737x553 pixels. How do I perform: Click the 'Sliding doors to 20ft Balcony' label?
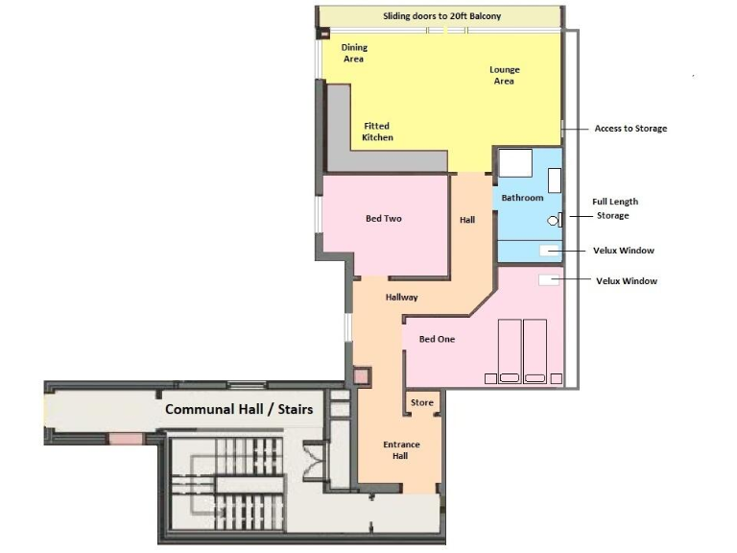coord(441,16)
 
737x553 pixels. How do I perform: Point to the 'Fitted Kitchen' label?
coord(377,132)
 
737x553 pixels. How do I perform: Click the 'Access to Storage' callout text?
coord(630,128)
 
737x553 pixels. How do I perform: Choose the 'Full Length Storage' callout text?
coord(614,208)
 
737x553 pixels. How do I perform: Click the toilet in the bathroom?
coord(553,220)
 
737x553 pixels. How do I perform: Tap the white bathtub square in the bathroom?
coord(513,163)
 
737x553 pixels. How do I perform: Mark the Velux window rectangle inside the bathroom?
coord(549,251)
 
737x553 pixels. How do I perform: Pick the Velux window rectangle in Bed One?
coord(549,280)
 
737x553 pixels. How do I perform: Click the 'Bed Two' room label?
coord(384,219)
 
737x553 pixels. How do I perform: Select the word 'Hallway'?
coord(401,298)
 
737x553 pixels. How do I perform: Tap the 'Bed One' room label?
coord(437,339)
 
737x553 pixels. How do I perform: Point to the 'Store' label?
coord(422,402)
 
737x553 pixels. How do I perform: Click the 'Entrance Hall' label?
coord(401,450)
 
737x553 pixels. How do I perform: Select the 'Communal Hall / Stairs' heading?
coord(239,409)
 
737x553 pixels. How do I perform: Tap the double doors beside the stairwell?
coord(314,460)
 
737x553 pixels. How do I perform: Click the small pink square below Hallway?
coord(362,375)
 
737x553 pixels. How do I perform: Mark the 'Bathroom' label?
coord(521,198)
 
